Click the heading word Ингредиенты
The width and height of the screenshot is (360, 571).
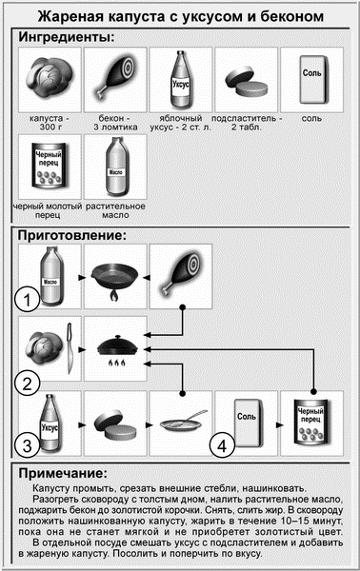point(67,37)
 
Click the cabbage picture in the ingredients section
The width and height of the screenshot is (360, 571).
point(50,79)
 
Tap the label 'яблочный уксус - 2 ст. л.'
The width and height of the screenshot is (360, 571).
point(181,123)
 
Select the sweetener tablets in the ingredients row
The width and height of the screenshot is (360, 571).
point(247,81)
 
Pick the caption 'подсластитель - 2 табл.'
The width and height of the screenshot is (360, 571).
point(247,123)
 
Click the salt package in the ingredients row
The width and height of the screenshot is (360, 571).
point(312,80)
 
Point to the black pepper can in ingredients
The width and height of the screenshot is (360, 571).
point(50,165)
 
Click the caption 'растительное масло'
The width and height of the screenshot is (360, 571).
point(115,210)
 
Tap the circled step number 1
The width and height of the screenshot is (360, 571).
point(28,300)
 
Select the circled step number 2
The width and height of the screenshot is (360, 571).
point(28,384)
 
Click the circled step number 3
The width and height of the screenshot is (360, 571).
point(28,445)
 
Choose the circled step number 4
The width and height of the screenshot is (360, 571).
point(223,445)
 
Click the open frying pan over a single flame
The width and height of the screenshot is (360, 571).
point(115,280)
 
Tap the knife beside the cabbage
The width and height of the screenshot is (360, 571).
point(69,347)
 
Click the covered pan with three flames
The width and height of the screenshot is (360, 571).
point(117,350)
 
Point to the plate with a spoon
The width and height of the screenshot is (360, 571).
point(181,423)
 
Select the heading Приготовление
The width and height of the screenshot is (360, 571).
point(71,235)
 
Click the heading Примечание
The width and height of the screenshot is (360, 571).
point(63,473)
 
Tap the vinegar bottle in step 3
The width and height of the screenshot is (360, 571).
point(50,423)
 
